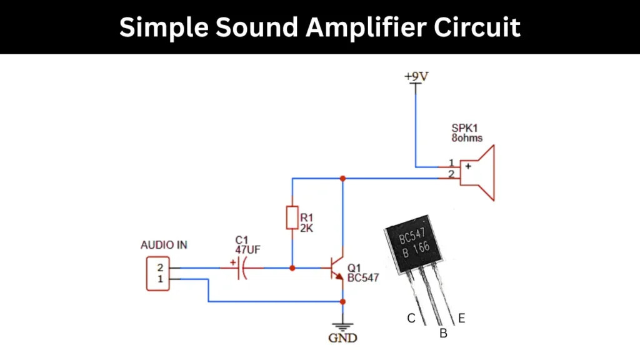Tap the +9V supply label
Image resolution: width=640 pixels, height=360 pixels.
(x=416, y=76)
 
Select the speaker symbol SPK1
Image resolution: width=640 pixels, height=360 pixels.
(x=477, y=172)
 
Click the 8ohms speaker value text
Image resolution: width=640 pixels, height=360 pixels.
(x=467, y=137)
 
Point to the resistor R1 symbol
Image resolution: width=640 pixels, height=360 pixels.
(x=292, y=218)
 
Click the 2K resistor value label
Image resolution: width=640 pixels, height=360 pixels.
(x=307, y=229)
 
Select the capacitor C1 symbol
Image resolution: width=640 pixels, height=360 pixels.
(x=242, y=268)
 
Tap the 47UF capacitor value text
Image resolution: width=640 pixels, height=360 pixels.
(x=247, y=249)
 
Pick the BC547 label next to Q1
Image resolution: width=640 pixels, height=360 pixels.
(x=363, y=277)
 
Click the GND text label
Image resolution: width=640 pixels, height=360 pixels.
(x=342, y=338)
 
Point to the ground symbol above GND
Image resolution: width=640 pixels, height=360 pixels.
(x=342, y=326)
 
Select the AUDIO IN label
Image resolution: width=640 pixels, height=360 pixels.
(x=164, y=245)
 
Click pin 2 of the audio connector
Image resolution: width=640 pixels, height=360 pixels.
(x=159, y=268)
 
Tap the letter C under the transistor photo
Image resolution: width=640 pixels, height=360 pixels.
(x=411, y=318)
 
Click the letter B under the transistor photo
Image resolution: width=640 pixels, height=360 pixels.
(x=443, y=334)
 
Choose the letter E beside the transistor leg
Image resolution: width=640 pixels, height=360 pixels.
(x=461, y=318)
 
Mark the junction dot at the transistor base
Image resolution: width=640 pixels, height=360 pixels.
(x=292, y=268)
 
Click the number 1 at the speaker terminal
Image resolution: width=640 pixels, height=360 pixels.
(x=451, y=162)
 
